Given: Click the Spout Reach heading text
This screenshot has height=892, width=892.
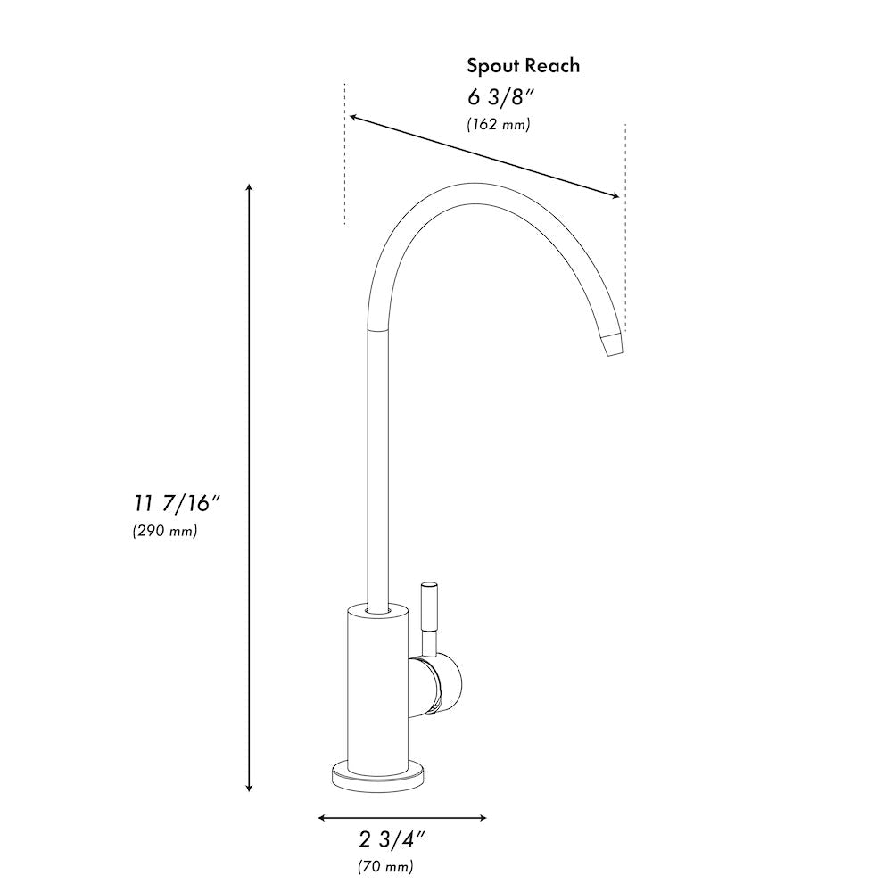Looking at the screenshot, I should pyautogui.click(x=524, y=65).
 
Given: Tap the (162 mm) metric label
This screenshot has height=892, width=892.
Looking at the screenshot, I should pyautogui.click(x=499, y=125).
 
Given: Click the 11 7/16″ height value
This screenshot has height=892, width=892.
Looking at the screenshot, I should pyautogui.click(x=170, y=503).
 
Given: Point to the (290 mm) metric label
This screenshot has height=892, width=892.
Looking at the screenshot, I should pyautogui.click(x=165, y=531).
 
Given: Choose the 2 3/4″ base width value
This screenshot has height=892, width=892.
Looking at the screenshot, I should pyautogui.click(x=392, y=839).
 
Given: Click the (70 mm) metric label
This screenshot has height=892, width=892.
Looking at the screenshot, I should pyautogui.click(x=385, y=866).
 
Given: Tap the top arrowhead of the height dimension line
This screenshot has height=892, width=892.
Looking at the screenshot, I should pyautogui.click(x=249, y=188).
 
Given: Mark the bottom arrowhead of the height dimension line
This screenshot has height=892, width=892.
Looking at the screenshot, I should pyautogui.click(x=249, y=788).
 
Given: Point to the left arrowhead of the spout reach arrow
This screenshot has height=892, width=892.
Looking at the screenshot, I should pyautogui.click(x=354, y=117).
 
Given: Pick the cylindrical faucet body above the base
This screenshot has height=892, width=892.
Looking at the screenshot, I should pyautogui.click(x=378, y=687).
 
